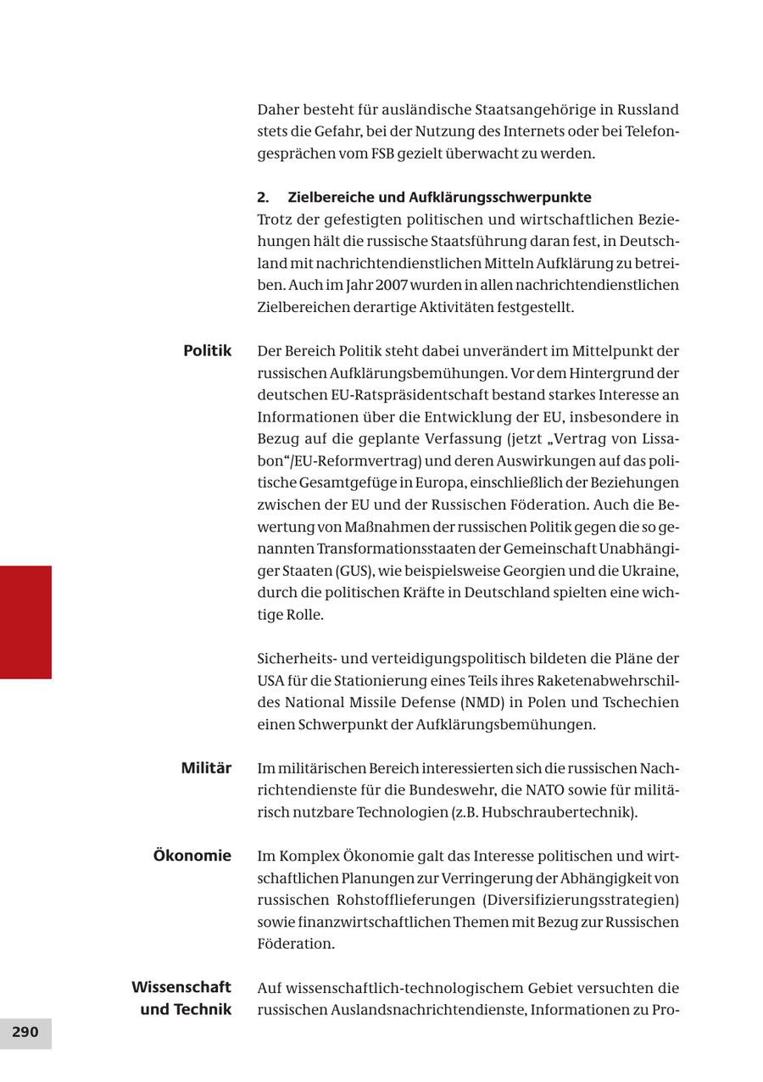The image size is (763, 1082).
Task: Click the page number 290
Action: tap(25, 1032)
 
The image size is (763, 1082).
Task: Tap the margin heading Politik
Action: tap(207, 350)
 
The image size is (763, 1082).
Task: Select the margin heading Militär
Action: tap(206, 768)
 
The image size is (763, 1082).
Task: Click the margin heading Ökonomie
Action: tap(192, 856)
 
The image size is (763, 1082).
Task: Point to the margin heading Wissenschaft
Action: tap(181, 987)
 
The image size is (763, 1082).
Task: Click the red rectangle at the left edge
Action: tap(25, 622)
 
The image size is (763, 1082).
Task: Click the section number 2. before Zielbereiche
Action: tap(263, 198)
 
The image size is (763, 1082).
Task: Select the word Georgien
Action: tap(516, 571)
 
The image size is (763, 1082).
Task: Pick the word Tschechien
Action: tap(640, 702)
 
